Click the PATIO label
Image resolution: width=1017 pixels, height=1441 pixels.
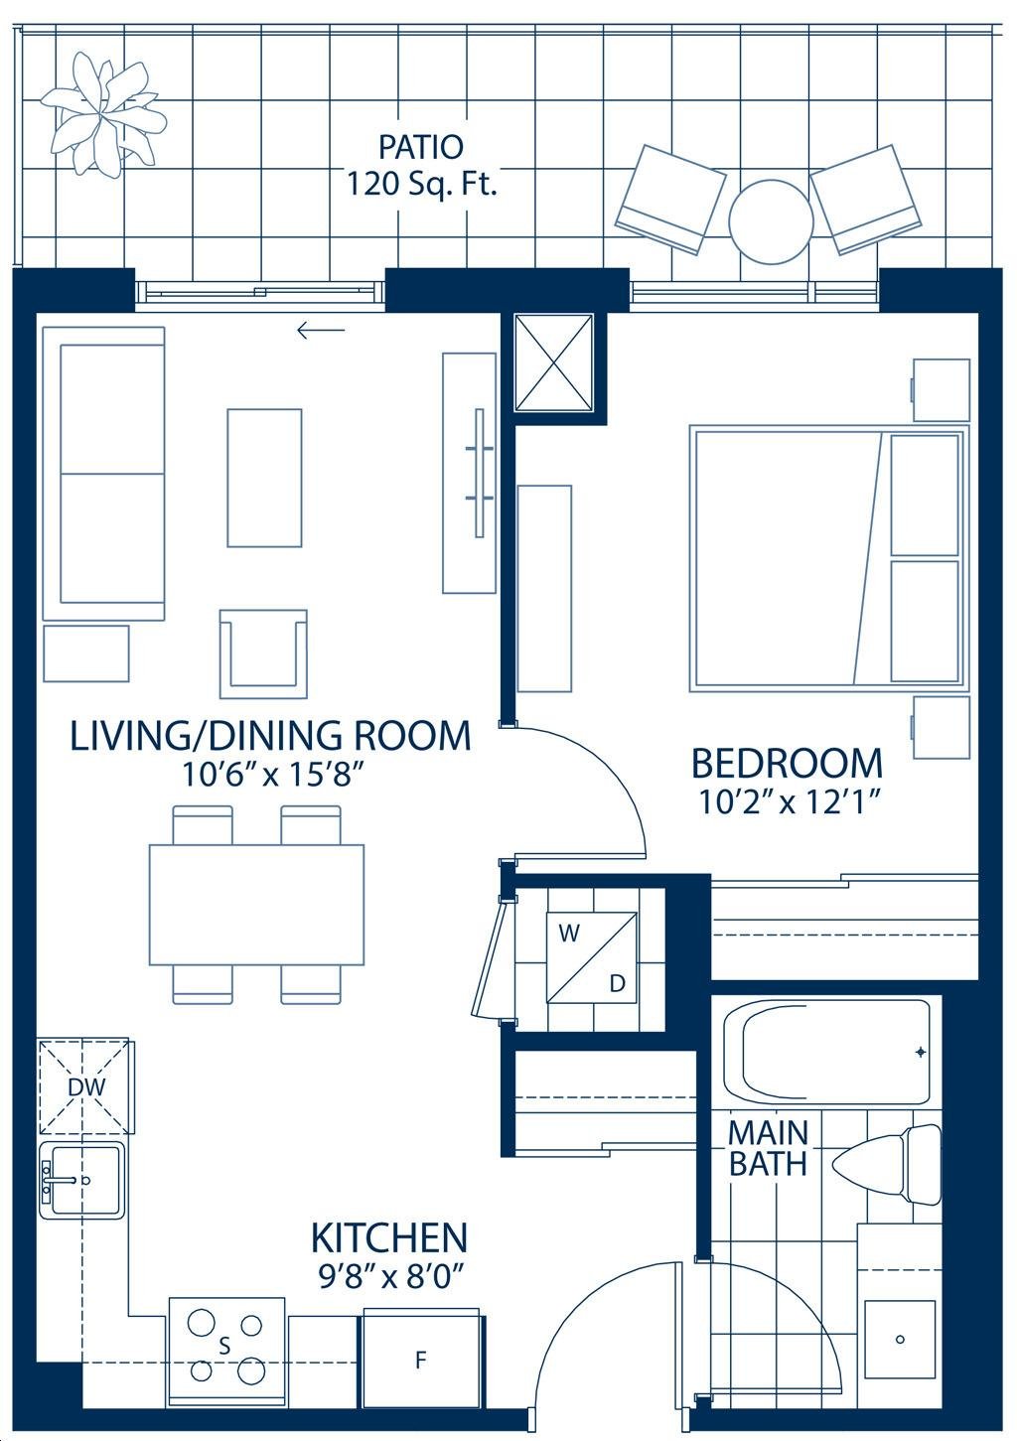click(x=420, y=147)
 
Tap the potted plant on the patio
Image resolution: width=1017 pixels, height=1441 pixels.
click(x=103, y=115)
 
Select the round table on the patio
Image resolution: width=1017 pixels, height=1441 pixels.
click(x=771, y=220)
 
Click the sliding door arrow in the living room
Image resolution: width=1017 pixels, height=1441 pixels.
click(x=321, y=331)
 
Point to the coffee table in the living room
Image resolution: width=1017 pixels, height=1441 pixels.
click(x=264, y=478)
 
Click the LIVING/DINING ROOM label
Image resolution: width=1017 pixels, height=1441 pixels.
click(x=270, y=736)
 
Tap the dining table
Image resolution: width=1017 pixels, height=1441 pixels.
click(x=256, y=905)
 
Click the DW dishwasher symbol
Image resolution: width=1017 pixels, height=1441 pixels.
click(x=86, y=1086)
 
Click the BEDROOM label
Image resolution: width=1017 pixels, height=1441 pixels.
click(x=787, y=763)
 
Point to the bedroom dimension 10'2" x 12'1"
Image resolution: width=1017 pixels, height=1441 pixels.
click(x=790, y=802)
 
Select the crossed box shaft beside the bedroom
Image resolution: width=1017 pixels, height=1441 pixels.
click(x=554, y=361)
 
